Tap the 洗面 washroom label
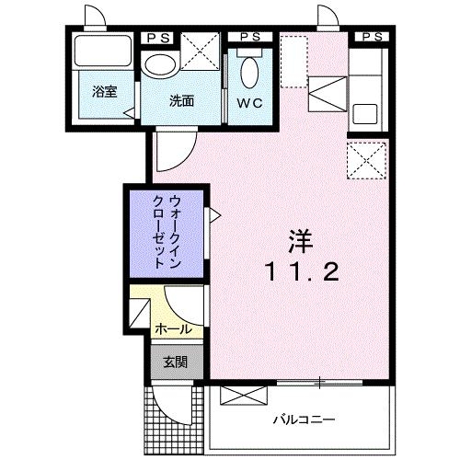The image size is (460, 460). tap(181, 100)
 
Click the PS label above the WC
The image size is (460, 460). tap(248, 36)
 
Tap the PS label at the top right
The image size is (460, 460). tap(371, 36)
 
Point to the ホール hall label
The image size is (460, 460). tap(173, 328)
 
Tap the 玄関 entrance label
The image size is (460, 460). tap(175, 362)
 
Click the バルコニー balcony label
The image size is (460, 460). tap(303, 420)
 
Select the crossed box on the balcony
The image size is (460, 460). tap(243, 396)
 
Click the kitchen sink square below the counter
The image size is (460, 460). tap(365, 116)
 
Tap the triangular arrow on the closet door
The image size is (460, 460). tap(214, 214)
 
